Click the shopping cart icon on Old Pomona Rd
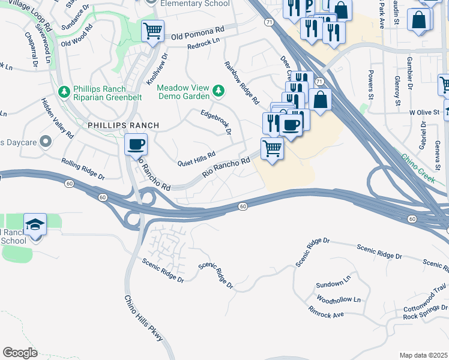point(152,30)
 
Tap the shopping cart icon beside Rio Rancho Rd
point(272,148)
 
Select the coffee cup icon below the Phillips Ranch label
point(136,145)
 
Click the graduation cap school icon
point(35,225)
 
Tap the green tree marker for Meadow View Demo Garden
point(219,91)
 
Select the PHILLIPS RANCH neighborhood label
point(123,125)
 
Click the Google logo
point(20,353)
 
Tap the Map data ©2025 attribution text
point(423,355)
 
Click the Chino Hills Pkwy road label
point(144,319)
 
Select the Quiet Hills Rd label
point(197,159)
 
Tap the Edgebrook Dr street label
point(216,122)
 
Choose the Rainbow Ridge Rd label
point(241,81)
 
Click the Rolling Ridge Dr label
point(83,169)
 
